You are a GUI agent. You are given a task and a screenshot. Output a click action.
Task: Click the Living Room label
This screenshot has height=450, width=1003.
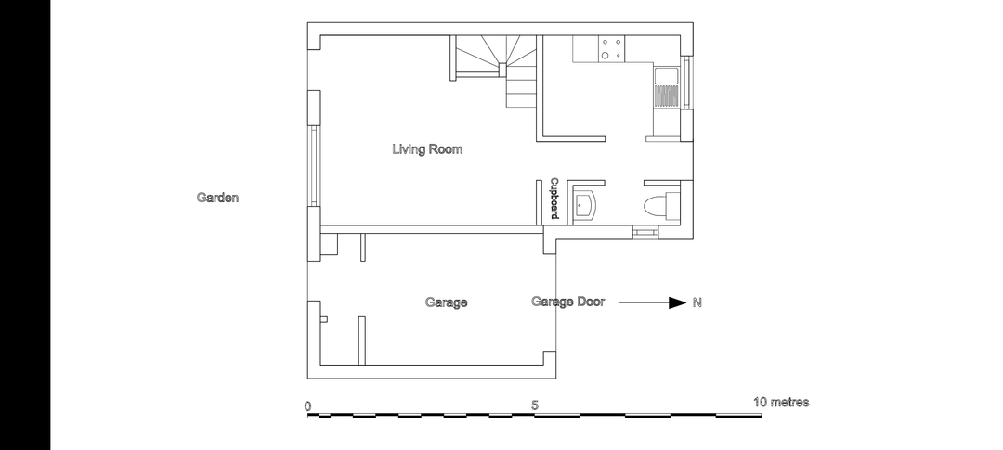(426, 149)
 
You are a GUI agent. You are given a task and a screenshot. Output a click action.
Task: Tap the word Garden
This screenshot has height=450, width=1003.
(217, 198)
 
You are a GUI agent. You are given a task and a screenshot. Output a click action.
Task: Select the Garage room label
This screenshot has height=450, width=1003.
(446, 302)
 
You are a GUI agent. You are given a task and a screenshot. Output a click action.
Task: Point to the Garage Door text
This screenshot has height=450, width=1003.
(567, 302)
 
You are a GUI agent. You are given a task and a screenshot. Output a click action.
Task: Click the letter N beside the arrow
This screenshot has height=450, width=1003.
(697, 303)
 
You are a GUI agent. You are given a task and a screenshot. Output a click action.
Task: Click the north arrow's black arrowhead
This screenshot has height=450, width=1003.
(677, 303)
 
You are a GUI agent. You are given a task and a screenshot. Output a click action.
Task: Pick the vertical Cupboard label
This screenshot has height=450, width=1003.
(554, 199)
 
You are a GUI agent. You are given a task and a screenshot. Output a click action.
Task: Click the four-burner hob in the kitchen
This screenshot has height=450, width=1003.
(611, 49)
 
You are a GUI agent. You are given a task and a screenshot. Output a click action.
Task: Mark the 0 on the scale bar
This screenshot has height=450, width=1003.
(308, 405)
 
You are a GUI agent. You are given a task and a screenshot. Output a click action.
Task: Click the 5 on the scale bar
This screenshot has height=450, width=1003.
(535, 405)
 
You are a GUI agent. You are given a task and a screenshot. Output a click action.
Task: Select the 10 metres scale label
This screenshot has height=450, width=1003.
(781, 402)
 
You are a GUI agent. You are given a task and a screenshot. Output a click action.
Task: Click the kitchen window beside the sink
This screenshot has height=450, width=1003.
(687, 83)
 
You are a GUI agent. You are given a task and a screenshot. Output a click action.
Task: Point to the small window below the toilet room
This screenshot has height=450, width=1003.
(645, 233)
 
